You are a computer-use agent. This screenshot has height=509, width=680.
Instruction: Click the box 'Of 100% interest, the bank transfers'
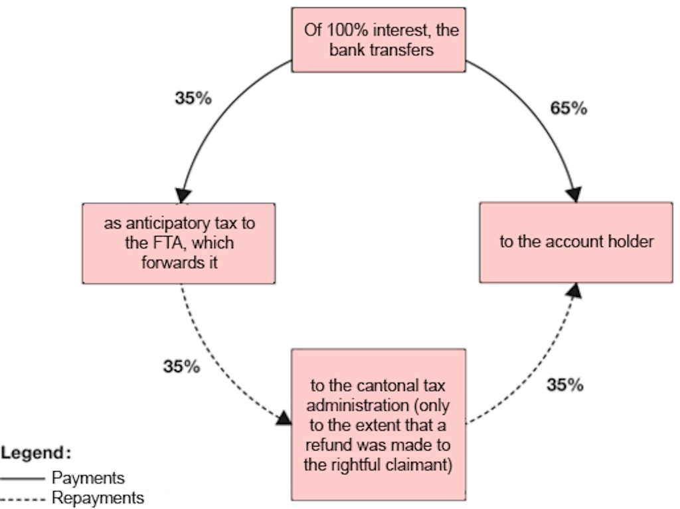point(379,39)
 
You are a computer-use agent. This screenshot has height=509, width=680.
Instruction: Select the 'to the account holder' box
point(576,242)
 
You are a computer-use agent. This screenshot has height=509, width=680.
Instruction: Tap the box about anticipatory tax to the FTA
point(179,243)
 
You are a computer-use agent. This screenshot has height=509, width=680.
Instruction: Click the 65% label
point(568,109)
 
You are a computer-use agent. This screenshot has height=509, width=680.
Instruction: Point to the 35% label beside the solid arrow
point(193,98)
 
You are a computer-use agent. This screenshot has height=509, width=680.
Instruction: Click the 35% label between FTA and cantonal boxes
point(181,366)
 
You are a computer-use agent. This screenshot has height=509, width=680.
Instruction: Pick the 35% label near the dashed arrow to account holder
point(564,384)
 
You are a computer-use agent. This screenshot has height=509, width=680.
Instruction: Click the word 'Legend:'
point(37,453)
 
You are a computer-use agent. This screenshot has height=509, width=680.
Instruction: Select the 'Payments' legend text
point(88,478)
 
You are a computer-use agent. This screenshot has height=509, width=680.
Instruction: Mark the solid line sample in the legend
point(24,478)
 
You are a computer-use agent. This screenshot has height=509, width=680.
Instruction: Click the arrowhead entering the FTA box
point(182,195)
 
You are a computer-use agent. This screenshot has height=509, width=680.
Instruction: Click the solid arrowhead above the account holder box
point(574,195)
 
